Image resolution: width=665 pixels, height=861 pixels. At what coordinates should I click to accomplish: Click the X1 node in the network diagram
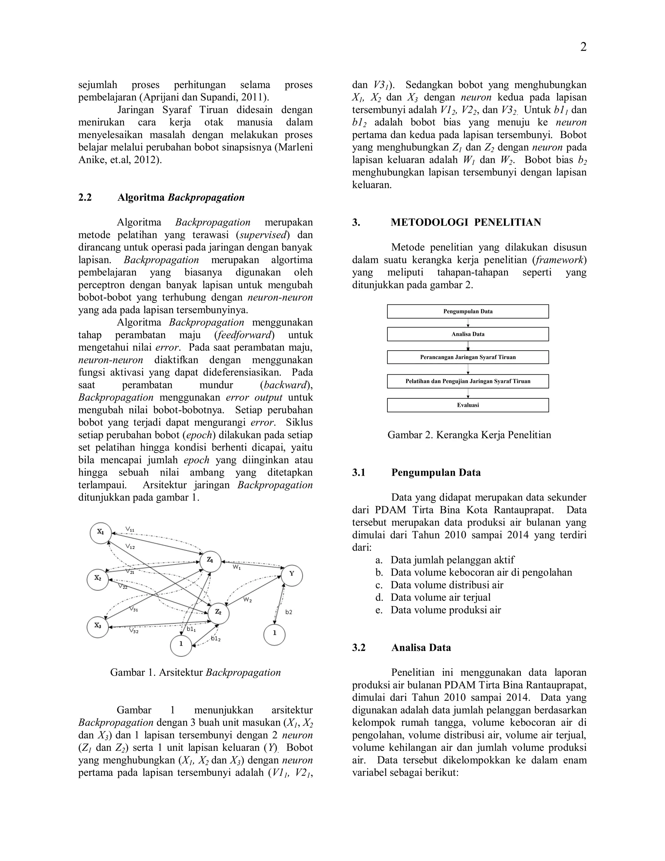[101, 532]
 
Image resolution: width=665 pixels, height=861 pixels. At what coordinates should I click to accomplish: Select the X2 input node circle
[98, 578]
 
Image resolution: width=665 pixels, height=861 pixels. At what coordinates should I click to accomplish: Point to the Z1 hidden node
[210, 560]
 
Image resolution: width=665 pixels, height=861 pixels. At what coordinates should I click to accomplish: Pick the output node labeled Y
[292, 574]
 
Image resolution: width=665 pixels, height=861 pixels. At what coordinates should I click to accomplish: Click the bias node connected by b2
[275, 633]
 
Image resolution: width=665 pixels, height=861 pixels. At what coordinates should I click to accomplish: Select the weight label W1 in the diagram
[236, 567]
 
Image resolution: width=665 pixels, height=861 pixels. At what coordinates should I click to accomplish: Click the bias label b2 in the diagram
[289, 612]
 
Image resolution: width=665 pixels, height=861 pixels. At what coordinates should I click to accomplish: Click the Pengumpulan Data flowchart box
[468, 312]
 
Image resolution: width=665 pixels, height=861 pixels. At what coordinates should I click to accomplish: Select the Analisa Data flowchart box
[468, 334]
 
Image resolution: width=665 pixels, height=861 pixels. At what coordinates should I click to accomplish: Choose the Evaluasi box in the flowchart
[468, 405]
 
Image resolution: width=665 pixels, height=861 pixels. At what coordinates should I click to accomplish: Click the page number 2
[583, 47]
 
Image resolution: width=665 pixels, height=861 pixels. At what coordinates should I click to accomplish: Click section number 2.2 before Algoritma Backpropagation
[85, 198]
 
